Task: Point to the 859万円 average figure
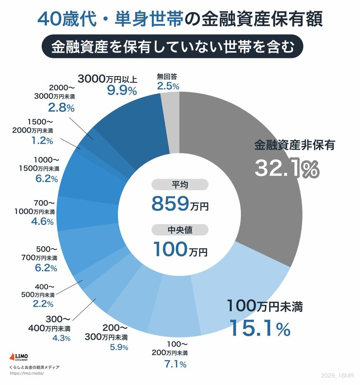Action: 180,203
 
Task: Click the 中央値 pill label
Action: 180,230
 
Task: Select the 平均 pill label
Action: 180,185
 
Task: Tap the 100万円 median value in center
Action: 180,249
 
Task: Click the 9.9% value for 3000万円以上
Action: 122,91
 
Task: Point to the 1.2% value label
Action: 43,141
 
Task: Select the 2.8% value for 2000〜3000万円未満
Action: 61,108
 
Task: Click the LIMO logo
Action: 19,357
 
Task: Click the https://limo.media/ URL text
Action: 26,373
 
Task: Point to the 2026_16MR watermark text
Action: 338,375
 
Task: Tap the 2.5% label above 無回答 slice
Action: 168,86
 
